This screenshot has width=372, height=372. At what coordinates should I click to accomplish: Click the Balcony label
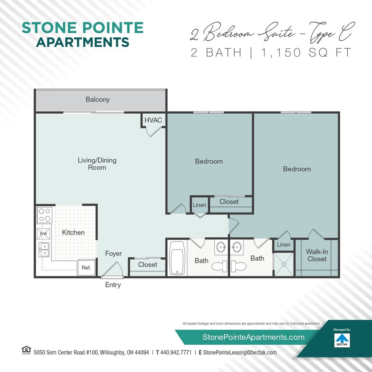tap(97, 99)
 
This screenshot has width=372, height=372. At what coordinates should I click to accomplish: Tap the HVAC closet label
tap(153, 120)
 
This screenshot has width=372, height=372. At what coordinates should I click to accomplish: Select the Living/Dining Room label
tap(97, 163)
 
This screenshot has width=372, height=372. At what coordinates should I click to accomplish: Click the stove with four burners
tap(44, 214)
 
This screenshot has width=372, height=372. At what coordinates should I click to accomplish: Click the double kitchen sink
tap(44, 250)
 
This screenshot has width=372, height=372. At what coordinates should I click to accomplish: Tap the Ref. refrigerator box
tap(86, 268)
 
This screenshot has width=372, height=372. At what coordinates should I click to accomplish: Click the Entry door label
tap(113, 285)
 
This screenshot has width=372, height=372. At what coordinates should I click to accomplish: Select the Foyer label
tap(113, 254)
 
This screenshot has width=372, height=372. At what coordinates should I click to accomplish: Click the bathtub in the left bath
tap(177, 258)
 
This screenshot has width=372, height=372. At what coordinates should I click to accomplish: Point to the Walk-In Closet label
tap(317, 255)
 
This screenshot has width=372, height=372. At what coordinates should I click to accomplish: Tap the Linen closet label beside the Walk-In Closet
tap(283, 245)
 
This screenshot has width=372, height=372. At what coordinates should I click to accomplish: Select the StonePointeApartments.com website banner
tap(253, 337)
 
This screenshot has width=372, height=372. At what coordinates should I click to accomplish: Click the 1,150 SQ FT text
tap(306, 52)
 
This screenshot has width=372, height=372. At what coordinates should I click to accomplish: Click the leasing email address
tap(240, 352)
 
